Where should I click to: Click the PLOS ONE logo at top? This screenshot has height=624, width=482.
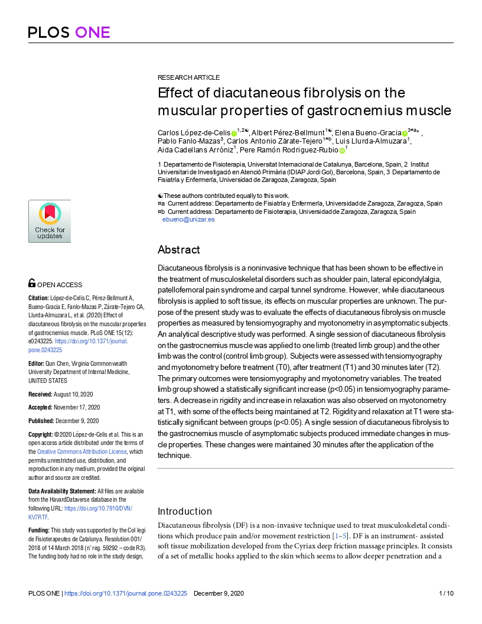69,32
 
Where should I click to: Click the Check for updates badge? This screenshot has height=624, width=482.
50,221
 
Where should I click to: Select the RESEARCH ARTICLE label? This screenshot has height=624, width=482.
188,77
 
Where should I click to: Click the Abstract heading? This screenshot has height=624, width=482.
178,250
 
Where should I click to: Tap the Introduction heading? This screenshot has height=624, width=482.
184,511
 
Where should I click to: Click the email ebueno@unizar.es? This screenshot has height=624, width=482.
188,219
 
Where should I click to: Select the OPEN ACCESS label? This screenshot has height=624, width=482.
60,284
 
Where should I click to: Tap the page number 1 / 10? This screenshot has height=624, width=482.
446,593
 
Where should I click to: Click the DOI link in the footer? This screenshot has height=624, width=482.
125,593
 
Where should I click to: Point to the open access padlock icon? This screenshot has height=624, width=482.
32,284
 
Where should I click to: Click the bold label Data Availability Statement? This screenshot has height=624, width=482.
62,492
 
